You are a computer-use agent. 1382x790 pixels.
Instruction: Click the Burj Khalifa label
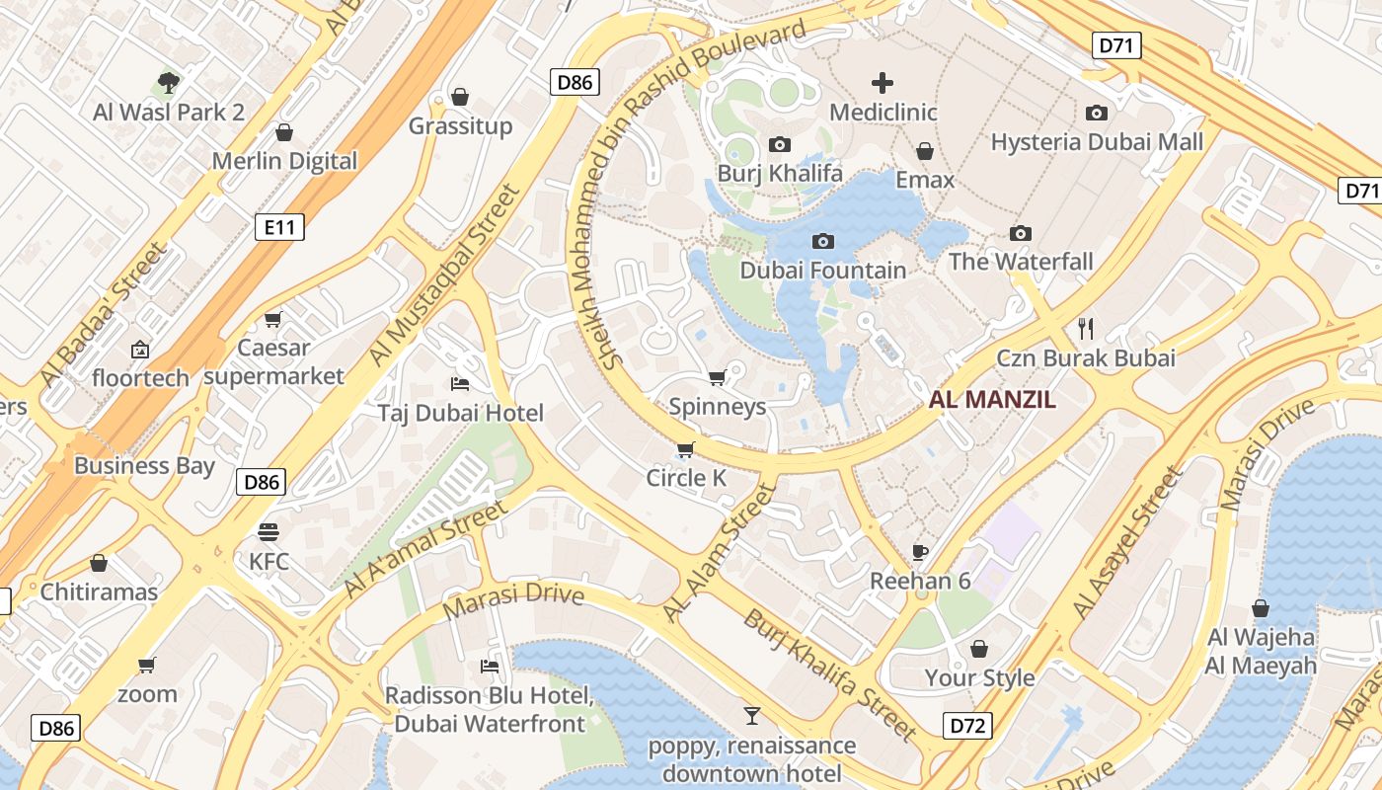pos(780,174)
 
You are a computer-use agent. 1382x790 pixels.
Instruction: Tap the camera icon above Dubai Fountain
pos(822,241)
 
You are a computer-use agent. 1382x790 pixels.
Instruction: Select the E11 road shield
pos(279,228)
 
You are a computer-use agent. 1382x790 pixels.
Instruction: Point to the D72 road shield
pos(966,726)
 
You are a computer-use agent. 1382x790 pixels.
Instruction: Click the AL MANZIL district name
pos(992,400)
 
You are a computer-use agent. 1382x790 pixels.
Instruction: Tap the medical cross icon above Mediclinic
pos(883,83)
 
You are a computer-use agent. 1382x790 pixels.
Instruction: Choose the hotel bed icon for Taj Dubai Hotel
pos(460,383)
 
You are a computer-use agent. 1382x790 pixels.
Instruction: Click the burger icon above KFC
pos(269,532)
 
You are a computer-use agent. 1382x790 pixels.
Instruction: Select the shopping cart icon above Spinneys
pos(718,377)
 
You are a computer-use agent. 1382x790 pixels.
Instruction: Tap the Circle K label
pos(686,479)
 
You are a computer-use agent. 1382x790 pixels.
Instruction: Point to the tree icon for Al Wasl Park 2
pos(169,82)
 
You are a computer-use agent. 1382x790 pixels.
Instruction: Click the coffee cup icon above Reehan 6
pos(920,552)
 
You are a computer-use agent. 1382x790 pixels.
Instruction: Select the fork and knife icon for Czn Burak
pos(1086,328)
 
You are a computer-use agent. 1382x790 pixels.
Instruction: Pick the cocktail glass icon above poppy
pos(752,715)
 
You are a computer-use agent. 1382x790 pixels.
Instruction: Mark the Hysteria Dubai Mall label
pos(1097,142)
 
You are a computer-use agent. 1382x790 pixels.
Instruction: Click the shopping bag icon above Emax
pos(925,151)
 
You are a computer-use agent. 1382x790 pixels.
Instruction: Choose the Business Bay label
pos(144,465)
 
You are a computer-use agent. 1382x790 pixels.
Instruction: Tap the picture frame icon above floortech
pos(140,349)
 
